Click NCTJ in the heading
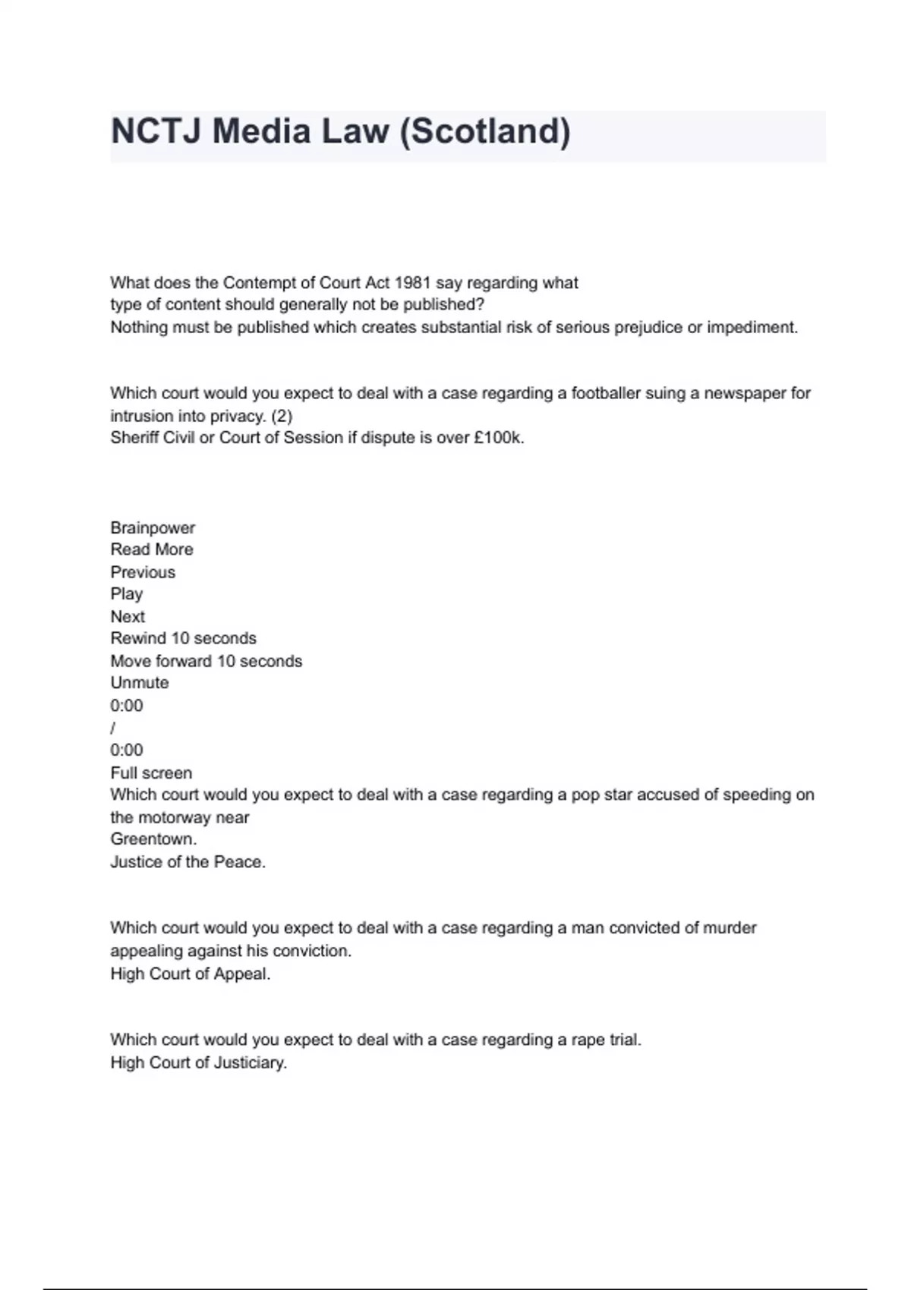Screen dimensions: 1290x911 [x=157, y=131]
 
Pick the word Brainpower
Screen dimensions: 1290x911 [x=153, y=527]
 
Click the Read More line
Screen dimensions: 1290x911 [x=152, y=549]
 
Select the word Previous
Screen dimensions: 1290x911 [x=143, y=572]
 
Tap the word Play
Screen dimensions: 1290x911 [x=126, y=594]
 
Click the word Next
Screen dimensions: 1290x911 [x=128, y=616]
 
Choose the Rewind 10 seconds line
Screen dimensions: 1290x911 [x=183, y=638]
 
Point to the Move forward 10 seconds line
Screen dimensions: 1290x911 [x=206, y=661]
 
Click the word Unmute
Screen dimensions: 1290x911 [x=140, y=683]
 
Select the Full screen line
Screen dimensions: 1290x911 [x=151, y=772]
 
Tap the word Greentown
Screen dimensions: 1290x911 [x=153, y=839]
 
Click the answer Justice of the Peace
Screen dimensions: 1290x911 [x=188, y=862]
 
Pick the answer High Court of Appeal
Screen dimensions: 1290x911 [x=190, y=974]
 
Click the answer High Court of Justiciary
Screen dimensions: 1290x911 [x=198, y=1062]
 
